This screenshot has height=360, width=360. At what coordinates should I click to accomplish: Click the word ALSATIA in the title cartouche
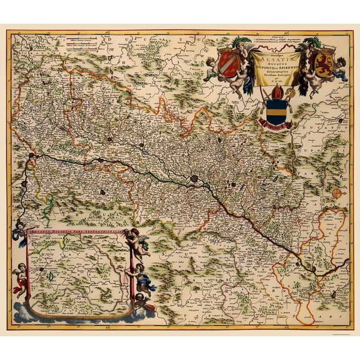coord(274,57)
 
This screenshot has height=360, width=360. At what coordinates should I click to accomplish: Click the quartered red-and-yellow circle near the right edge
coord(337,194)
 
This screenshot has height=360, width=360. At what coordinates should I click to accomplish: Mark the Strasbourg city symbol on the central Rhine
coord(195,178)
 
